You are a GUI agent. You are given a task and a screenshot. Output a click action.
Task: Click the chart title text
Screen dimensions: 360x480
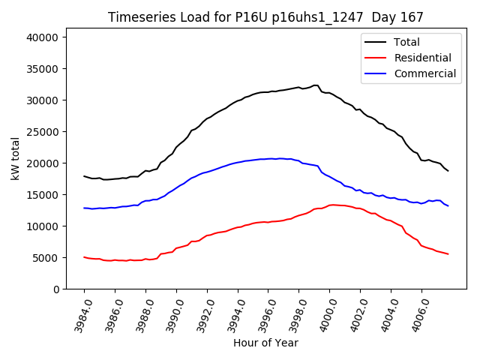click(x=265, y=17)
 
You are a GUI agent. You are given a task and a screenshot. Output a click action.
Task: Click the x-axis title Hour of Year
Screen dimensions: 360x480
click(x=265, y=343)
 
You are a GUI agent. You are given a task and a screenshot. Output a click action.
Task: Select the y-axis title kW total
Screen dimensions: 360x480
click(x=15, y=159)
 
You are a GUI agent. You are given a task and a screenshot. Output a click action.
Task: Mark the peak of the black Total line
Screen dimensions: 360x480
click(x=316, y=85)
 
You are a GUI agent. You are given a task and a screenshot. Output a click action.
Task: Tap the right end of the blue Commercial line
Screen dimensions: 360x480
click(x=448, y=205)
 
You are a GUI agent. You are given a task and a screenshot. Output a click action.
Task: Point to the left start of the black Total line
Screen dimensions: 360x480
click(x=84, y=176)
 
